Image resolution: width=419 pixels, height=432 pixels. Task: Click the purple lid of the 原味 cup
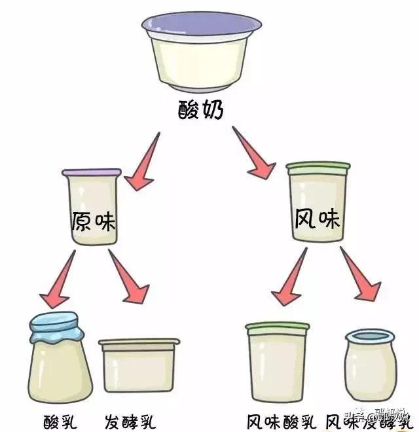coord(92,172)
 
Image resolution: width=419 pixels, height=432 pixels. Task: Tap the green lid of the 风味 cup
coord(318,168)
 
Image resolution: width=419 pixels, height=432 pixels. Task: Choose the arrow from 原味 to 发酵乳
coord(128,278)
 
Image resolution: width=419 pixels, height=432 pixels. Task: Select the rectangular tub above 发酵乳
coord(139,365)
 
